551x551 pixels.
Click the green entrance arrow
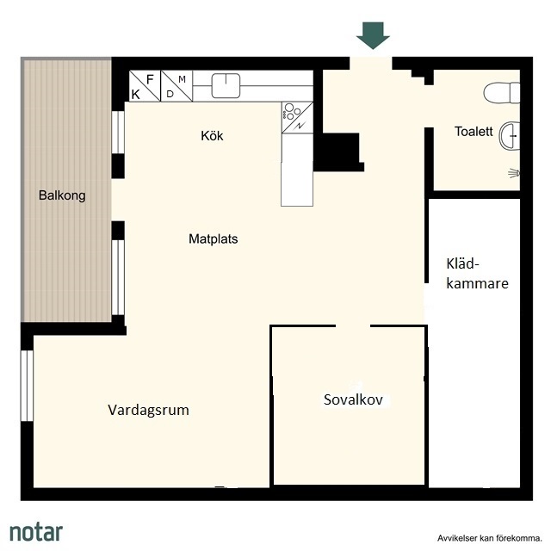pyautogui.click(x=373, y=35)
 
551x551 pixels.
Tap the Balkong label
pyautogui.click(x=62, y=195)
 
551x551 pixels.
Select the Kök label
pyautogui.click(x=212, y=136)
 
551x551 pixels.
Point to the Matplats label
pyautogui.click(x=214, y=239)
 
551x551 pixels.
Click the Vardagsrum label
pyautogui.click(x=148, y=410)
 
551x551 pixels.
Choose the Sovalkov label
pyautogui.click(x=353, y=399)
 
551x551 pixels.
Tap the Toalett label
pyautogui.click(x=474, y=132)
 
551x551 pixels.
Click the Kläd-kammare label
pyautogui.click(x=477, y=274)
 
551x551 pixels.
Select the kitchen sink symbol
pyautogui.click(x=226, y=85)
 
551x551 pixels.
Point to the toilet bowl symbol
pyautogui.click(x=501, y=93)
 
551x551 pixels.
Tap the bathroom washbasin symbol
pyautogui.click(x=509, y=136)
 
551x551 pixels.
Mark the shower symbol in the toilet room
pyautogui.click(x=514, y=173)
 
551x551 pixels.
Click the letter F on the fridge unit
pyautogui.click(x=150, y=79)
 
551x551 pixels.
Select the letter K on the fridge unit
pyautogui.click(x=136, y=94)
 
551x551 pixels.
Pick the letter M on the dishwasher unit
pyautogui.click(x=182, y=79)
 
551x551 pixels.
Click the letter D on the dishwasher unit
pyautogui.click(x=170, y=94)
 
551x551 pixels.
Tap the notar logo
pyautogui.click(x=36, y=531)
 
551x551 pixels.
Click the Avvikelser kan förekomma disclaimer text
pyautogui.click(x=490, y=537)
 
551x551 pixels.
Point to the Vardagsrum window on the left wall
pyautogui.click(x=27, y=386)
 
